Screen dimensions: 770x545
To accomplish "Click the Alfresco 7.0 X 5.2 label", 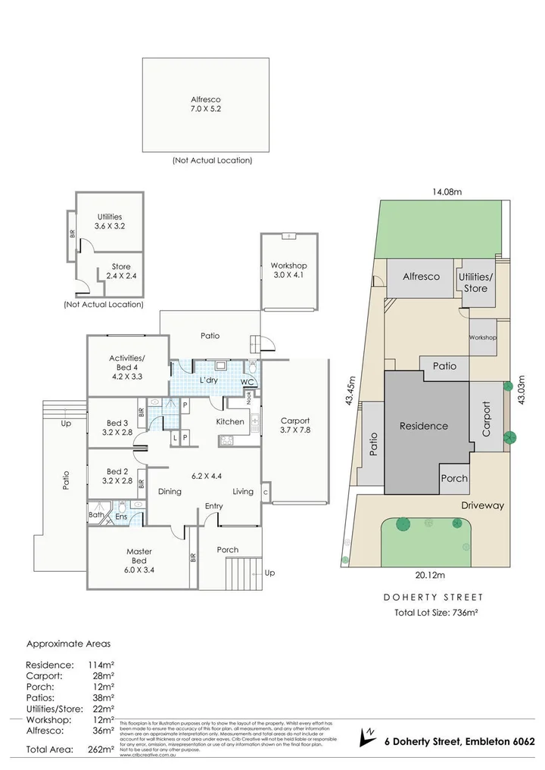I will tap(206, 104).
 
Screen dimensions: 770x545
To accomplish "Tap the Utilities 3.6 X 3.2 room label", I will tap(109, 221).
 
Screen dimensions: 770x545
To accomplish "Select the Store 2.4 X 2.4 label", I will tap(120, 272).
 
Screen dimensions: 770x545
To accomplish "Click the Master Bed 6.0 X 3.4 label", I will tap(139, 556).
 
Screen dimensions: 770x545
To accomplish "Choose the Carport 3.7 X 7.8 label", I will tap(295, 425).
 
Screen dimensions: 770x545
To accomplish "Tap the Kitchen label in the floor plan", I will tap(230, 421).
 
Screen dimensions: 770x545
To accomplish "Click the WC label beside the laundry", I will tap(246, 382).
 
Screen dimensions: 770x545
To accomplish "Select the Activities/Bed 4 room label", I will tap(126, 366).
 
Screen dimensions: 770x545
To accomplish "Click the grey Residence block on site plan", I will tap(423, 426).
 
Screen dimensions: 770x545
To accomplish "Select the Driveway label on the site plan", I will tap(481, 505).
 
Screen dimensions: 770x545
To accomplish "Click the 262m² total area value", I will tap(101, 750).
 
